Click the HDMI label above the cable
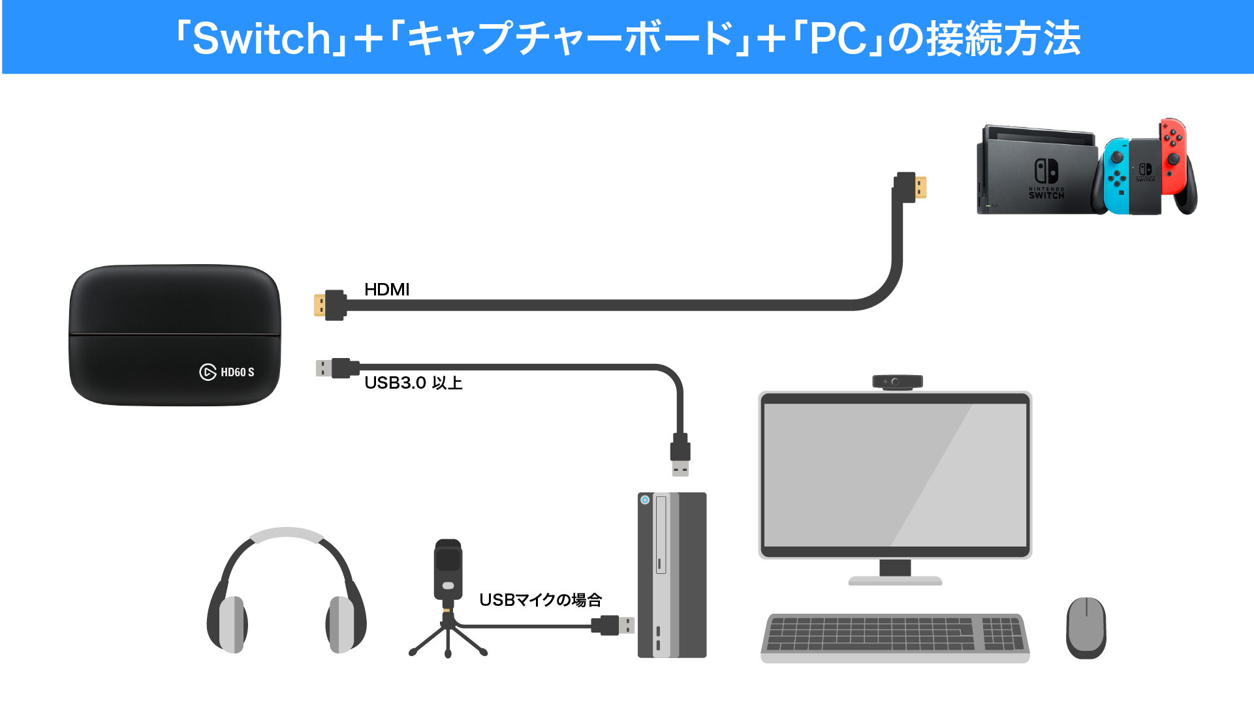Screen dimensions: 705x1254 point(386,290)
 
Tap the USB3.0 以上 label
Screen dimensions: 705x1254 point(413,383)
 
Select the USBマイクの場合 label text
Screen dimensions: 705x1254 point(540,600)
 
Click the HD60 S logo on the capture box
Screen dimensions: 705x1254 point(227,372)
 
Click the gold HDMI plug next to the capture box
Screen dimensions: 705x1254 point(330,305)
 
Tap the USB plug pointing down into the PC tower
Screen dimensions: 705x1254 point(680,455)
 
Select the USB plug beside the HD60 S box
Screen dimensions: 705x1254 point(336,368)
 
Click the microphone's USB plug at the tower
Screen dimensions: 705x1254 point(614,625)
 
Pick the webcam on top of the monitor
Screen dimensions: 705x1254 point(897,382)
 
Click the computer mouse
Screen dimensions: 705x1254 point(1086,627)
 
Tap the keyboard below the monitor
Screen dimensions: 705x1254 point(894,637)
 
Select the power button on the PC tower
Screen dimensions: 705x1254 point(645,500)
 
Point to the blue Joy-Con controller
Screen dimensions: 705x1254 point(1116,176)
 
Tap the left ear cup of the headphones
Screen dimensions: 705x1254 point(230,624)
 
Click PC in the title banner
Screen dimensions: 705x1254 point(838,38)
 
